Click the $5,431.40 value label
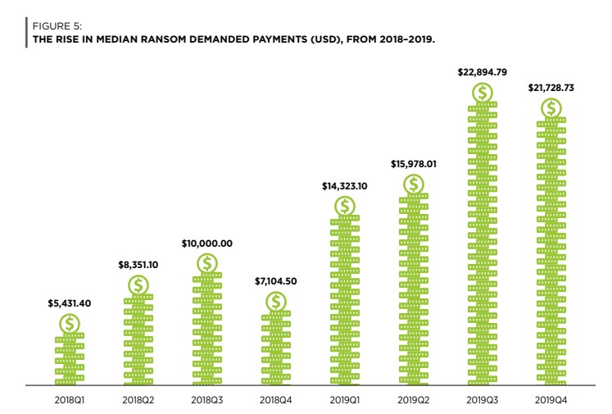(70, 303)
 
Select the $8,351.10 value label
(138, 265)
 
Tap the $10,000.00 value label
(207, 243)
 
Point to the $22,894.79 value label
(483, 73)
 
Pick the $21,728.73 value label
(551, 88)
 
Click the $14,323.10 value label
(345, 186)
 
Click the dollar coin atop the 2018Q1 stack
(70, 324)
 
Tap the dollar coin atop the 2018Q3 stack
(208, 263)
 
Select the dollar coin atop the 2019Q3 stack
(483, 93)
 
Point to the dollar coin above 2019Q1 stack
(346, 206)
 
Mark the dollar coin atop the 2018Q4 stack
(277, 301)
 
